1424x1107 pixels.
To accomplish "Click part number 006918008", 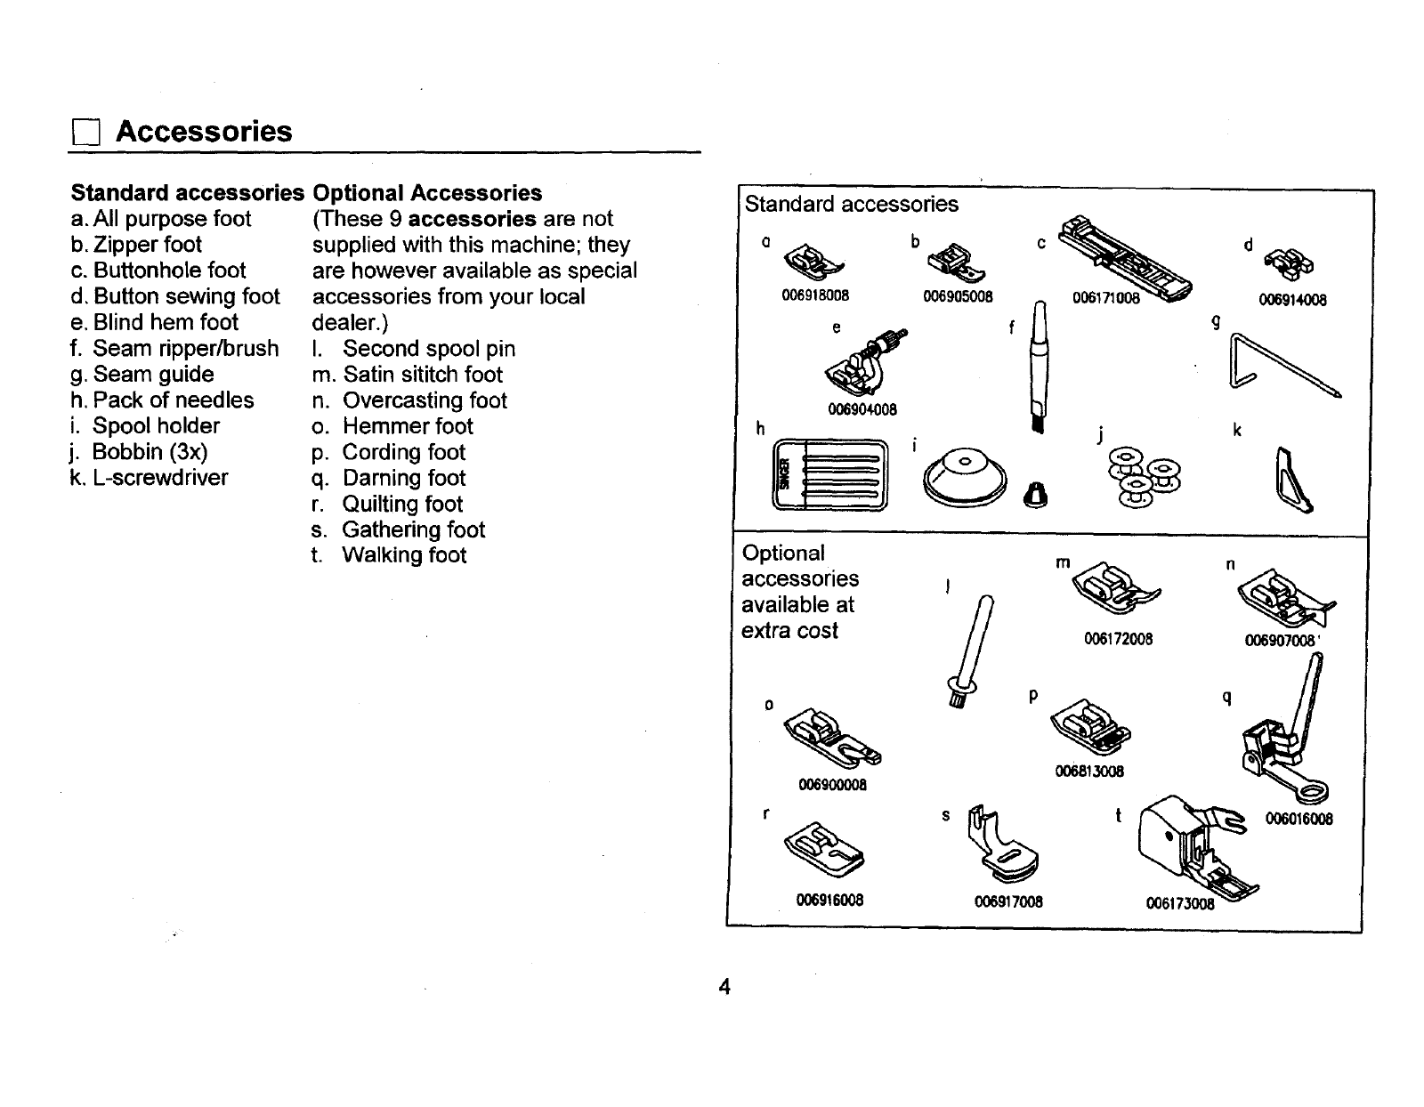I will (x=815, y=295).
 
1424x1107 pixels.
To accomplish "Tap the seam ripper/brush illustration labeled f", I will (x=1037, y=365).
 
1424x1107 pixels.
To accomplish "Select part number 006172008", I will (x=1119, y=639).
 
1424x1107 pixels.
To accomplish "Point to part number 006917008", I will (x=1008, y=901).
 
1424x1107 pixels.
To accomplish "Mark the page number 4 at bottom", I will (x=724, y=987).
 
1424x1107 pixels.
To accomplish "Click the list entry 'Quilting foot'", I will (x=402, y=504).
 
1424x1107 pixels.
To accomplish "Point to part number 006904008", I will (x=862, y=409).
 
